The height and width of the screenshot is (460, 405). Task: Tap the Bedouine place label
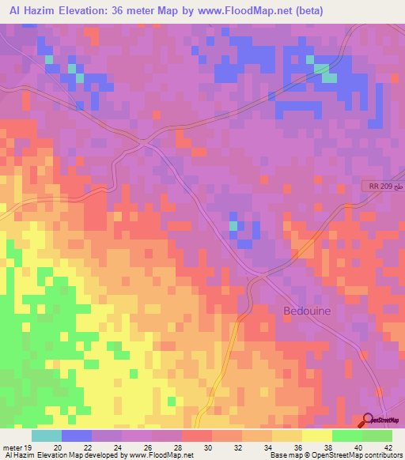[307, 311]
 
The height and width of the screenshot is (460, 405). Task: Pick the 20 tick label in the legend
[56, 447]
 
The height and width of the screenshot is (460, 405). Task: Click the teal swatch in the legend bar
[46, 435]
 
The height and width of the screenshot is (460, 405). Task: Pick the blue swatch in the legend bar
[76, 435]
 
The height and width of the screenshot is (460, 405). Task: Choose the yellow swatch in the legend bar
[316, 435]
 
